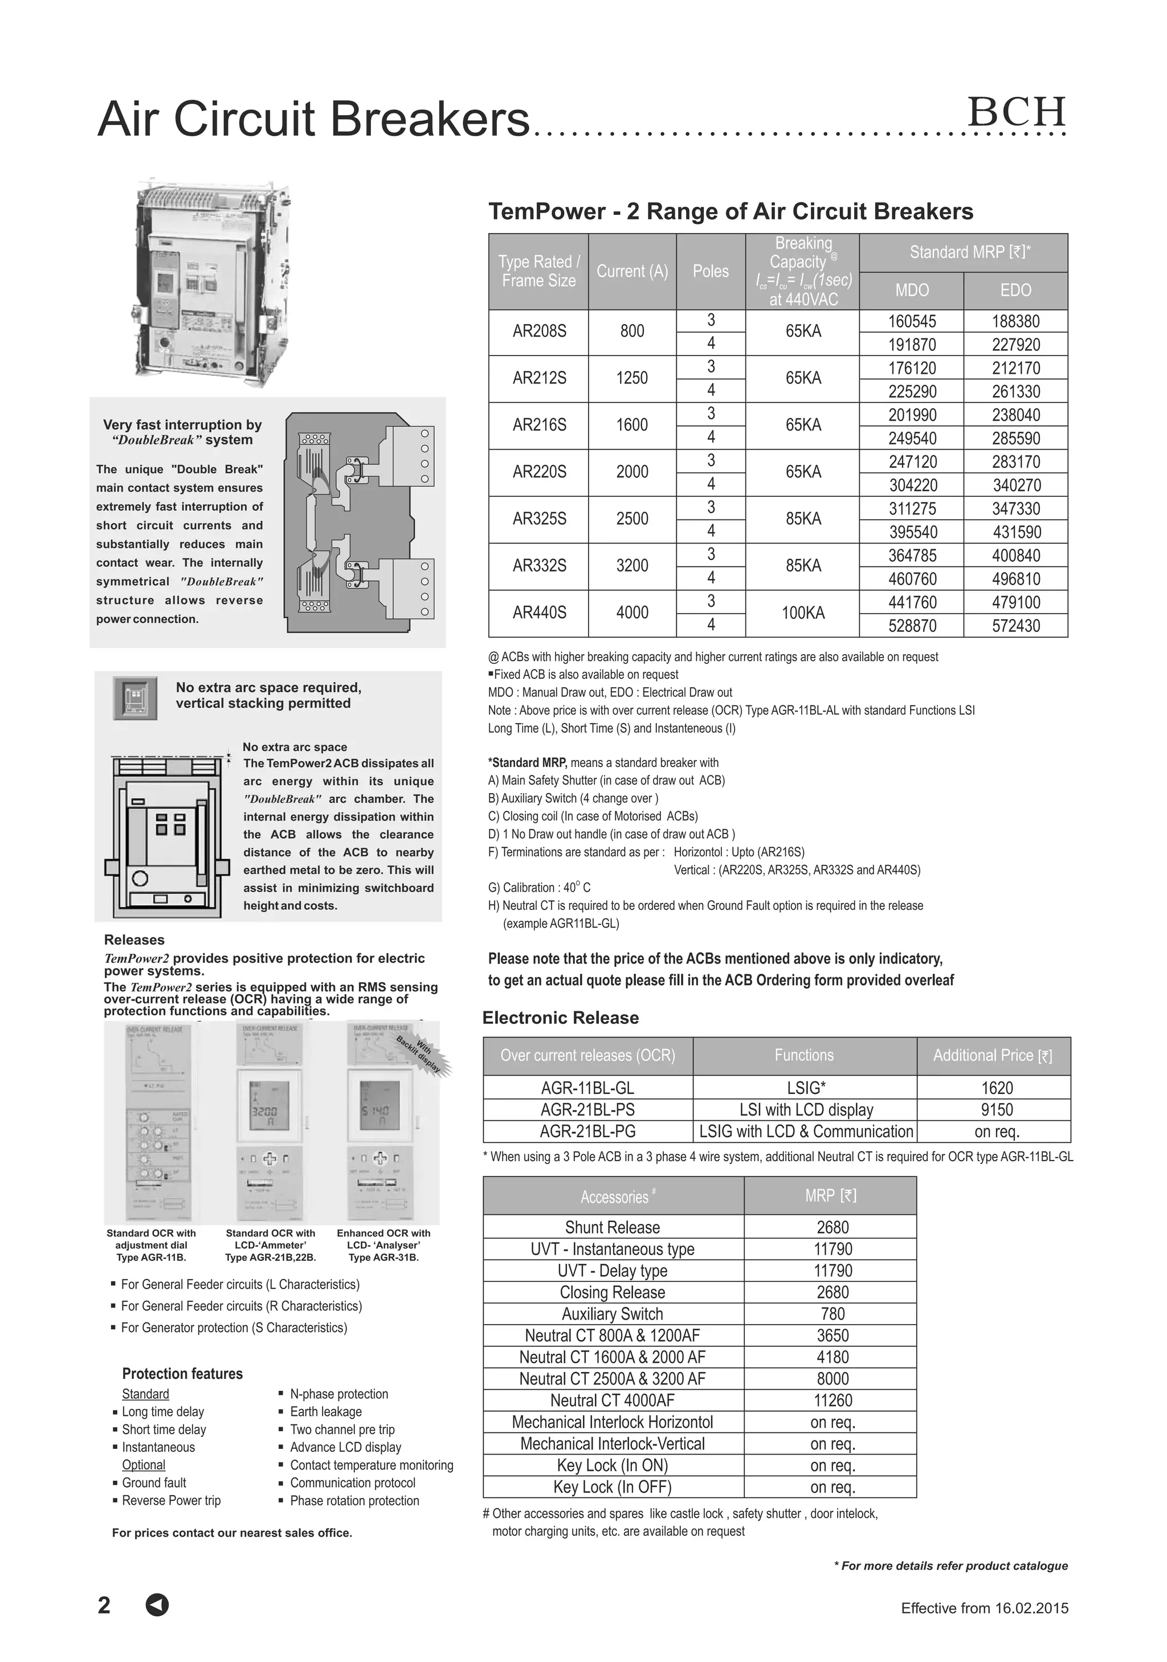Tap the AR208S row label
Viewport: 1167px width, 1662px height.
(540, 332)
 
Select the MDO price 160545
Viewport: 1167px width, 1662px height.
(912, 321)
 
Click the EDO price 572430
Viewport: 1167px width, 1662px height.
(1015, 626)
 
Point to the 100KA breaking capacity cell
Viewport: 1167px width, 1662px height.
(803, 613)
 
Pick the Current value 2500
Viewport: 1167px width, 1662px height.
(632, 519)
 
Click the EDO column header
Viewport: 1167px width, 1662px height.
(1015, 290)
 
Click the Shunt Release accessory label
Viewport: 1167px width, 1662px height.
(613, 1227)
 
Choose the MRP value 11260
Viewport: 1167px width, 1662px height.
(833, 1400)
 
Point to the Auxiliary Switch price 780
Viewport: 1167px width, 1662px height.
(833, 1313)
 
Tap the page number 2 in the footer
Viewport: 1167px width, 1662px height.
(104, 1605)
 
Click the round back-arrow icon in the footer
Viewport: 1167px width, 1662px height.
(157, 1605)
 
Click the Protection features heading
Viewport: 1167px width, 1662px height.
(182, 1373)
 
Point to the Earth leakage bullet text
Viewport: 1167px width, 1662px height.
(326, 1411)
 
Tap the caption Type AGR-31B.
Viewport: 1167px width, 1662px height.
(383, 1257)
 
